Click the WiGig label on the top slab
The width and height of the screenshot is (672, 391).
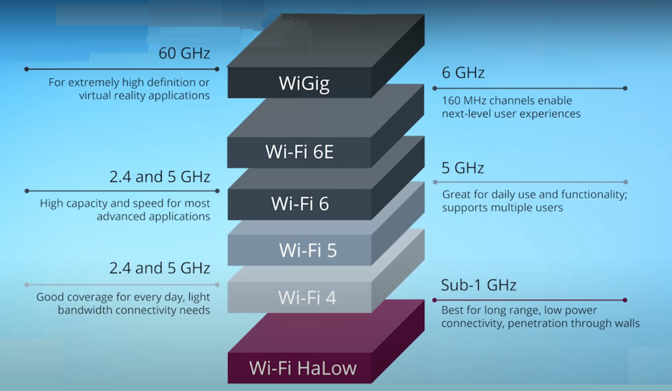tap(300, 83)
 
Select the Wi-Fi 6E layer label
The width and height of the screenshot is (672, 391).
tap(300, 152)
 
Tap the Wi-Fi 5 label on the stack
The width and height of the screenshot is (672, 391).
tap(308, 250)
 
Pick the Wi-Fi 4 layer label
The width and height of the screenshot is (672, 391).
tap(308, 296)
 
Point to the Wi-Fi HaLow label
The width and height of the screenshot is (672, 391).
tap(302, 367)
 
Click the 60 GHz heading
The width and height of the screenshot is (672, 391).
tap(184, 53)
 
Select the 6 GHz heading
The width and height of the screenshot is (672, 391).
tap(463, 73)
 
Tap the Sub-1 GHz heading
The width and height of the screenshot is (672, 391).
tap(478, 285)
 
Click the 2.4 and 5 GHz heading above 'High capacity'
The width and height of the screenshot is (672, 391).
tap(160, 177)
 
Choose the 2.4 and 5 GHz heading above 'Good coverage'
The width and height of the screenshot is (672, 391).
tap(160, 269)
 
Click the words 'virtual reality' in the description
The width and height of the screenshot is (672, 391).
tap(111, 95)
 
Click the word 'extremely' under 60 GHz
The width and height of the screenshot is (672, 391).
tap(95, 83)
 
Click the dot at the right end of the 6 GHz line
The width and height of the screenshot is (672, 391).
tap(625, 88)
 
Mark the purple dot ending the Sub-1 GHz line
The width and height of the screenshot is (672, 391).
tap(625, 300)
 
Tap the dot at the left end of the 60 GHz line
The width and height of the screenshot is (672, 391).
tap(26, 69)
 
